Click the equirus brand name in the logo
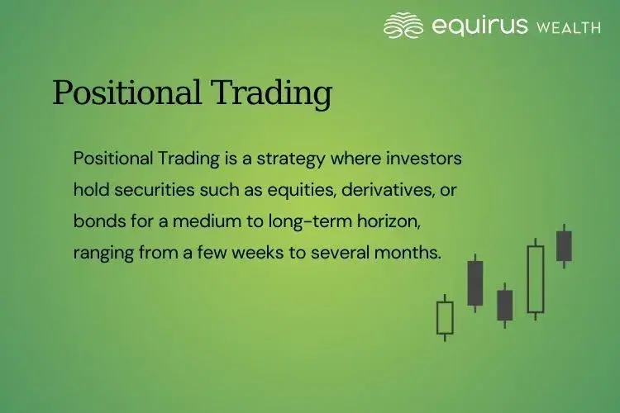click(x=479, y=26)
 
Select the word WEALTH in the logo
click(x=569, y=27)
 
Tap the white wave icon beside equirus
click(x=403, y=26)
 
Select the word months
click(x=411, y=252)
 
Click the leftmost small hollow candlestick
click(x=445, y=318)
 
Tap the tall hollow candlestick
click(x=536, y=279)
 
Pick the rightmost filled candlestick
click(x=565, y=246)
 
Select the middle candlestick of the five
click(x=505, y=305)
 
